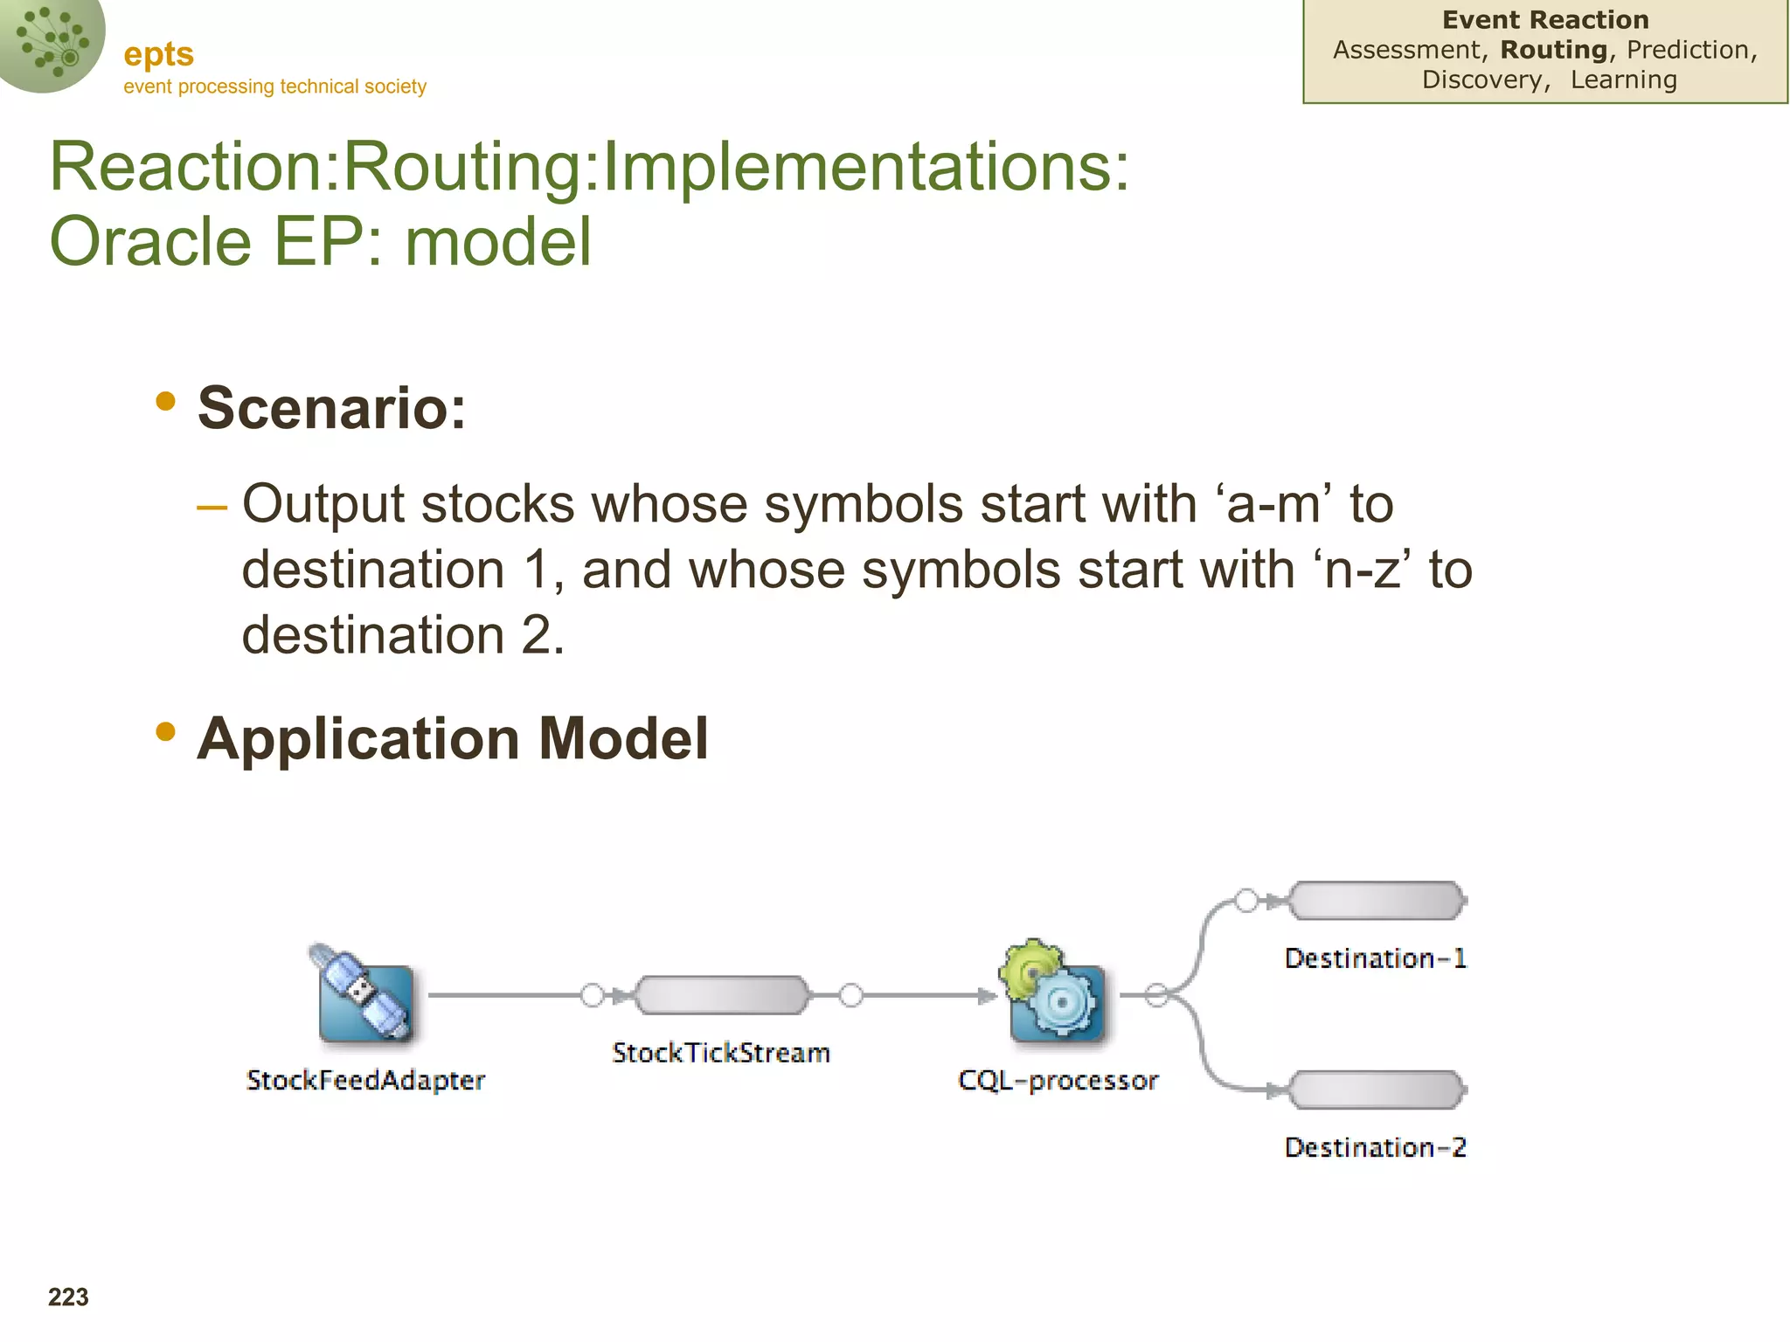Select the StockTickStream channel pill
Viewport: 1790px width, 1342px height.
pos(722,995)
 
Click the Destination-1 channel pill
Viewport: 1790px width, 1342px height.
pos(1377,901)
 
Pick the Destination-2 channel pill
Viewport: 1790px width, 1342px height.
pos(1377,1090)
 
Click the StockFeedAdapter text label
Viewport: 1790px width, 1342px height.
pos(365,1081)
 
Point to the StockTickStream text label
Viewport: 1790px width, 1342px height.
pos(721,1053)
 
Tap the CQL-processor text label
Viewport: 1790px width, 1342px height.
pos(1058,1081)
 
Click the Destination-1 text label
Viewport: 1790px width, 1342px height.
pos(1375,958)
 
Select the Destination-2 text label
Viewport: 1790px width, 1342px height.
pos(1375,1147)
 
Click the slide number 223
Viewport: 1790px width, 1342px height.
pos(68,1297)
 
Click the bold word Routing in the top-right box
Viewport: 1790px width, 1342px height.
pos(1553,50)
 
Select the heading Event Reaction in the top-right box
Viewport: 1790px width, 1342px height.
pos(1545,20)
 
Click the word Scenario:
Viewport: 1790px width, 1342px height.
pos(332,408)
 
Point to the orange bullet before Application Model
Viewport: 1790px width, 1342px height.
pos(165,731)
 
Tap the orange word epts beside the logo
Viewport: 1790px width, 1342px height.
pos(158,54)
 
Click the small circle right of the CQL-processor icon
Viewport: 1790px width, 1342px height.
pos(1156,995)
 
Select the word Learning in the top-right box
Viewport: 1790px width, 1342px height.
pos(1623,80)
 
